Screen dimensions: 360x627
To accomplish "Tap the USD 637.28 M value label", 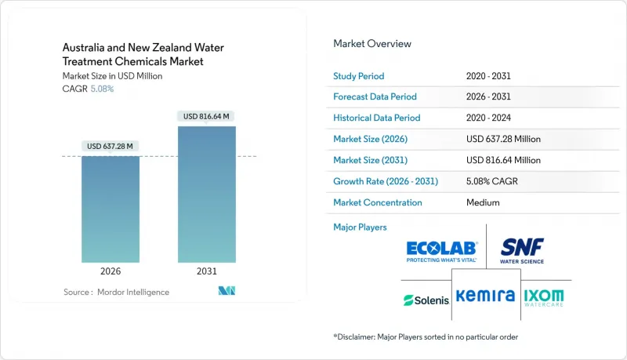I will (x=111, y=146).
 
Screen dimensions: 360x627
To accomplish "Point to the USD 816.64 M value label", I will (x=207, y=116).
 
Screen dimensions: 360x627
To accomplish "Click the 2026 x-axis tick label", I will (x=111, y=271).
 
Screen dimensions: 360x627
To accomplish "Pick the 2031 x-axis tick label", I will (x=207, y=271).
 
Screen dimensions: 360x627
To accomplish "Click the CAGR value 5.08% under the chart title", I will (x=102, y=89).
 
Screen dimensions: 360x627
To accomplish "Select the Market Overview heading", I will (x=372, y=44).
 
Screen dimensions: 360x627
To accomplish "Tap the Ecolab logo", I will (x=442, y=251).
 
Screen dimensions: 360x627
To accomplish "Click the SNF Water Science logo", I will (x=523, y=251).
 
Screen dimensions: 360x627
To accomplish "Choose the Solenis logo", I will (x=426, y=299).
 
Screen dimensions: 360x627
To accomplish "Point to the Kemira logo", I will (x=486, y=296).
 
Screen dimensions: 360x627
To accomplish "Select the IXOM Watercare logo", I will (x=543, y=297).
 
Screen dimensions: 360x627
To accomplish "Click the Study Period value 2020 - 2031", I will (x=492, y=75).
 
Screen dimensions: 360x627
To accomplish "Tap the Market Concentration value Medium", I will (x=482, y=202).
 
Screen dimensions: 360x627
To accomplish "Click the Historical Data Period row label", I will (x=377, y=118).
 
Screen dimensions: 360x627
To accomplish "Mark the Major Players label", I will (x=361, y=227).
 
